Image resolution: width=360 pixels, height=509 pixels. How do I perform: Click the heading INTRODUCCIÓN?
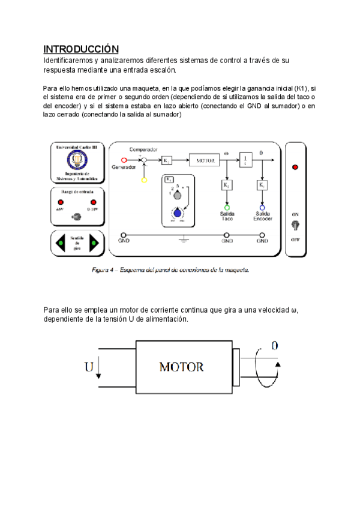[81, 49]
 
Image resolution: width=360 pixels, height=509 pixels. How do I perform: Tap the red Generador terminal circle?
[124, 160]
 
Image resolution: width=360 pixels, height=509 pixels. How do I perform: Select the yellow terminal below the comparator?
[144, 179]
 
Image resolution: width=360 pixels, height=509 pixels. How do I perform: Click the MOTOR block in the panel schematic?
[205, 160]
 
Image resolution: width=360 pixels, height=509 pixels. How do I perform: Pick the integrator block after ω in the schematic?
[246, 160]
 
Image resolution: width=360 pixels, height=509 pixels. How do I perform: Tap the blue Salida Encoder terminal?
[262, 206]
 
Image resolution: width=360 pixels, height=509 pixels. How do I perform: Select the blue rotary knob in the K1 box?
[178, 212]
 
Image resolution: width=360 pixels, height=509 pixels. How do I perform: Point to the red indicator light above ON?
[295, 167]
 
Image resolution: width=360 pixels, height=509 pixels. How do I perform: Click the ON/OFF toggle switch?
[295, 226]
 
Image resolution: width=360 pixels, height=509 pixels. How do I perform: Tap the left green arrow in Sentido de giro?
[60, 243]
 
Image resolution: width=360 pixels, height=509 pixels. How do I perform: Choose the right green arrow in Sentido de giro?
[93, 243]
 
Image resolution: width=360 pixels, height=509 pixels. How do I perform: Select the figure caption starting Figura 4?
[170, 270]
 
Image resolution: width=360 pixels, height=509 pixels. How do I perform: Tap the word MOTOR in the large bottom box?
[181, 367]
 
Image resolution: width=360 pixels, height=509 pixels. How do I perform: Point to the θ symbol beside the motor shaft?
[275, 346]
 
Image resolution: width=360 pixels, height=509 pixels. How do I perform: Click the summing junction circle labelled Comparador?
[143, 160]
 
